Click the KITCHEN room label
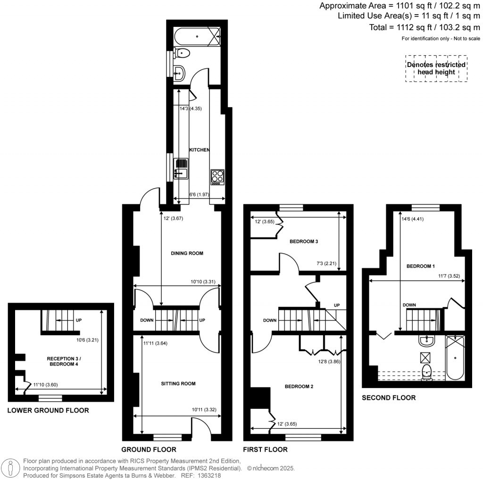pyautogui.click(x=199, y=149)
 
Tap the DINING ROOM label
pyautogui.click(x=187, y=253)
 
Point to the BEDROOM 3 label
pyautogui.click(x=304, y=242)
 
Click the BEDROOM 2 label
pyautogui.click(x=299, y=387)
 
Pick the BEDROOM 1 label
pyautogui.click(x=420, y=266)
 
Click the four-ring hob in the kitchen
pyautogui.click(x=217, y=176)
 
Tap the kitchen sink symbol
pyautogui.click(x=181, y=169)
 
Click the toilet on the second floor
pyautogui.click(x=427, y=372)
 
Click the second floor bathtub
pyautogui.click(x=455, y=357)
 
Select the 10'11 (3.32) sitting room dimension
pyautogui.click(x=204, y=410)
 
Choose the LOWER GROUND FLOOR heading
pyautogui.click(x=48, y=411)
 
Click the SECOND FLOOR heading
pyautogui.click(x=389, y=398)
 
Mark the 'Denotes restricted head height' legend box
pyautogui.click(x=436, y=69)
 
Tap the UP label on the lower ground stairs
pyautogui.click(x=78, y=321)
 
